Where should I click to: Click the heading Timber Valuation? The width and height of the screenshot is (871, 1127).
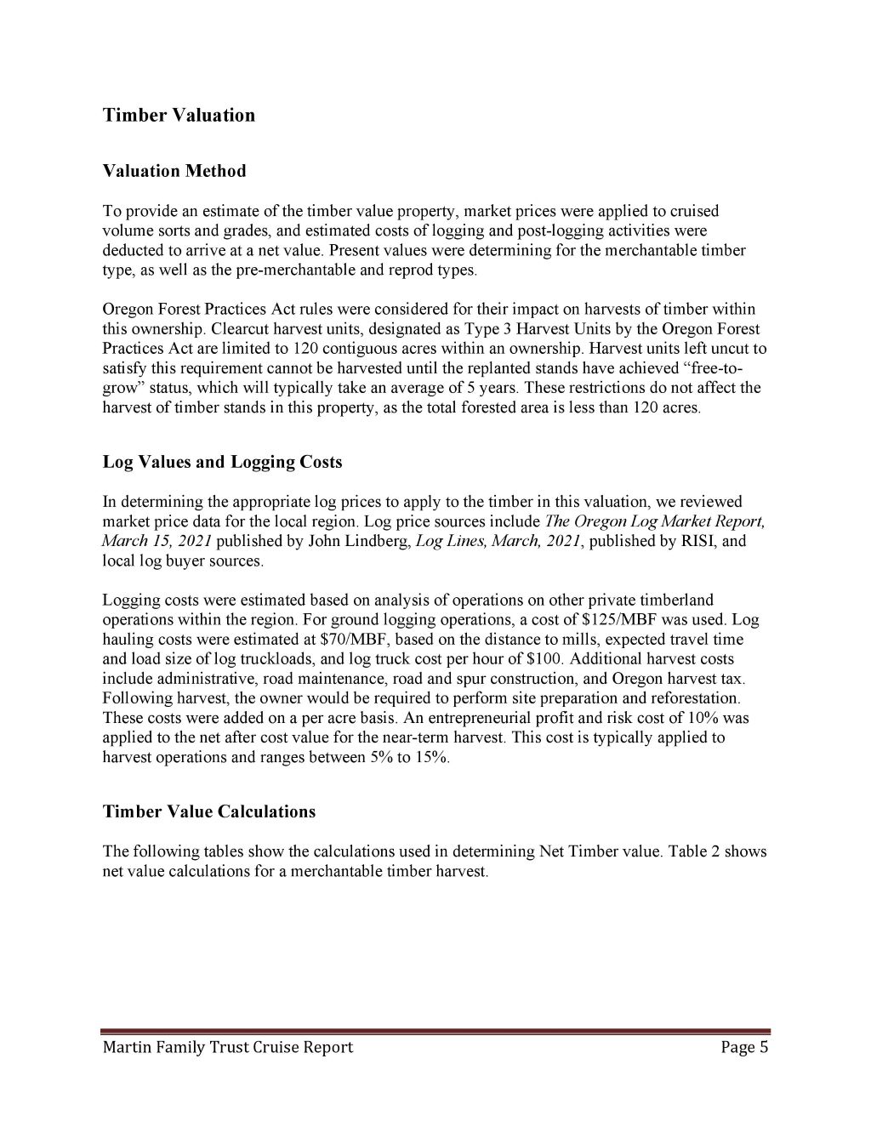(179, 115)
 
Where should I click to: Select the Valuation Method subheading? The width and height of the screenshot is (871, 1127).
(174, 171)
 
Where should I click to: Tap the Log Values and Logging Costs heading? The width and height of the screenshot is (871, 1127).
(222, 462)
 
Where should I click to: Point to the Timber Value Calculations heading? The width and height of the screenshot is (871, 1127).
(208, 811)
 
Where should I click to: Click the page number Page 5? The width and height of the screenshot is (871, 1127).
(744, 1047)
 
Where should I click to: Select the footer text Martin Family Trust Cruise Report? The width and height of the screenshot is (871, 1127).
(227, 1047)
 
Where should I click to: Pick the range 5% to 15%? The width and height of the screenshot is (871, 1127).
(406, 757)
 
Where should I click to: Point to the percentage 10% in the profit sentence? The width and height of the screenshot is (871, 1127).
(713, 718)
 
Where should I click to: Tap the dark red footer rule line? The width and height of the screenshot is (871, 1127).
(435, 1031)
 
